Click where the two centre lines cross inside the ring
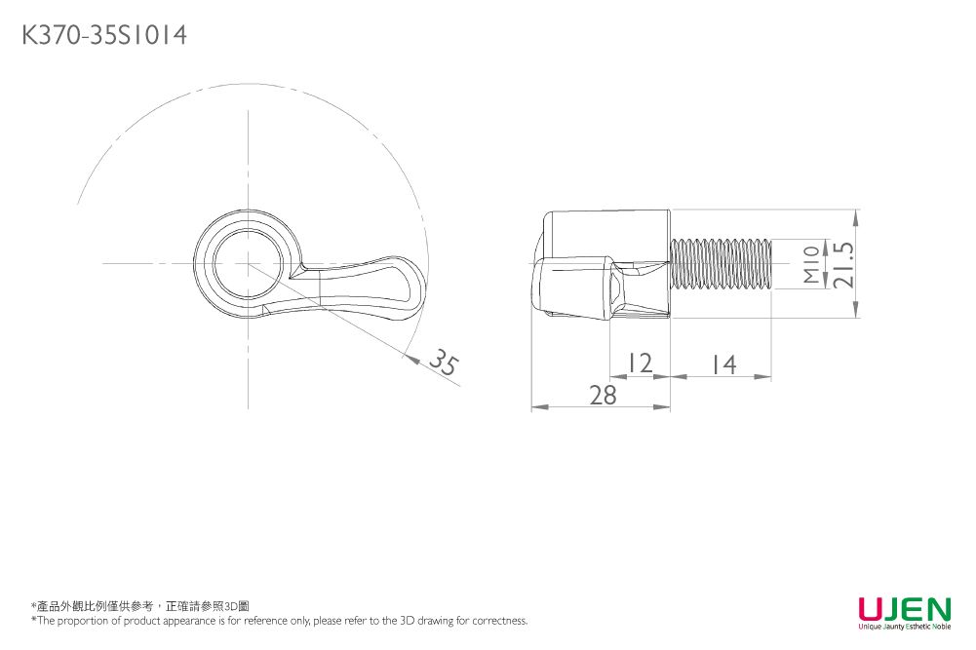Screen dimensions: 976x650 pyautogui.click(x=249, y=263)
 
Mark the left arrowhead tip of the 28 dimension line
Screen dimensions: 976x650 pyautogui.click(x=531, y=407)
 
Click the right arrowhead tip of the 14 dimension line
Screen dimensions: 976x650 pyautogui.click(x=772, y=376)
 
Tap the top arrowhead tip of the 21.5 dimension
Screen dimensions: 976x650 pyautogui.click(x=856, y=210)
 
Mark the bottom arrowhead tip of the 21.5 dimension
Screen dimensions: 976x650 pyautogui.click(x=856, y=318)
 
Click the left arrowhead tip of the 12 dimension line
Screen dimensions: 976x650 pyautogui.click(x=610, y=376)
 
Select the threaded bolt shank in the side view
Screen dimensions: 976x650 pyautogui.click(x=721, y=264)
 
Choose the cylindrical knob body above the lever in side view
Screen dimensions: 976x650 pyautogui.click(x=606, y=234)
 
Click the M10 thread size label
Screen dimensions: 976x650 pyautogui.click(x=811, y=264)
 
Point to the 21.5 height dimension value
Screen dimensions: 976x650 pyautogui.click(x=844, y=264)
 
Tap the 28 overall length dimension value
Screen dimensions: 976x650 pyautogui.click(x=603, y=395)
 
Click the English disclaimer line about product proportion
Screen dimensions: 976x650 pyautogui.click(x=280, y=620)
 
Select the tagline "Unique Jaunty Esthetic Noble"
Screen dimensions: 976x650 pyautogui.click(x=905, y=627)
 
